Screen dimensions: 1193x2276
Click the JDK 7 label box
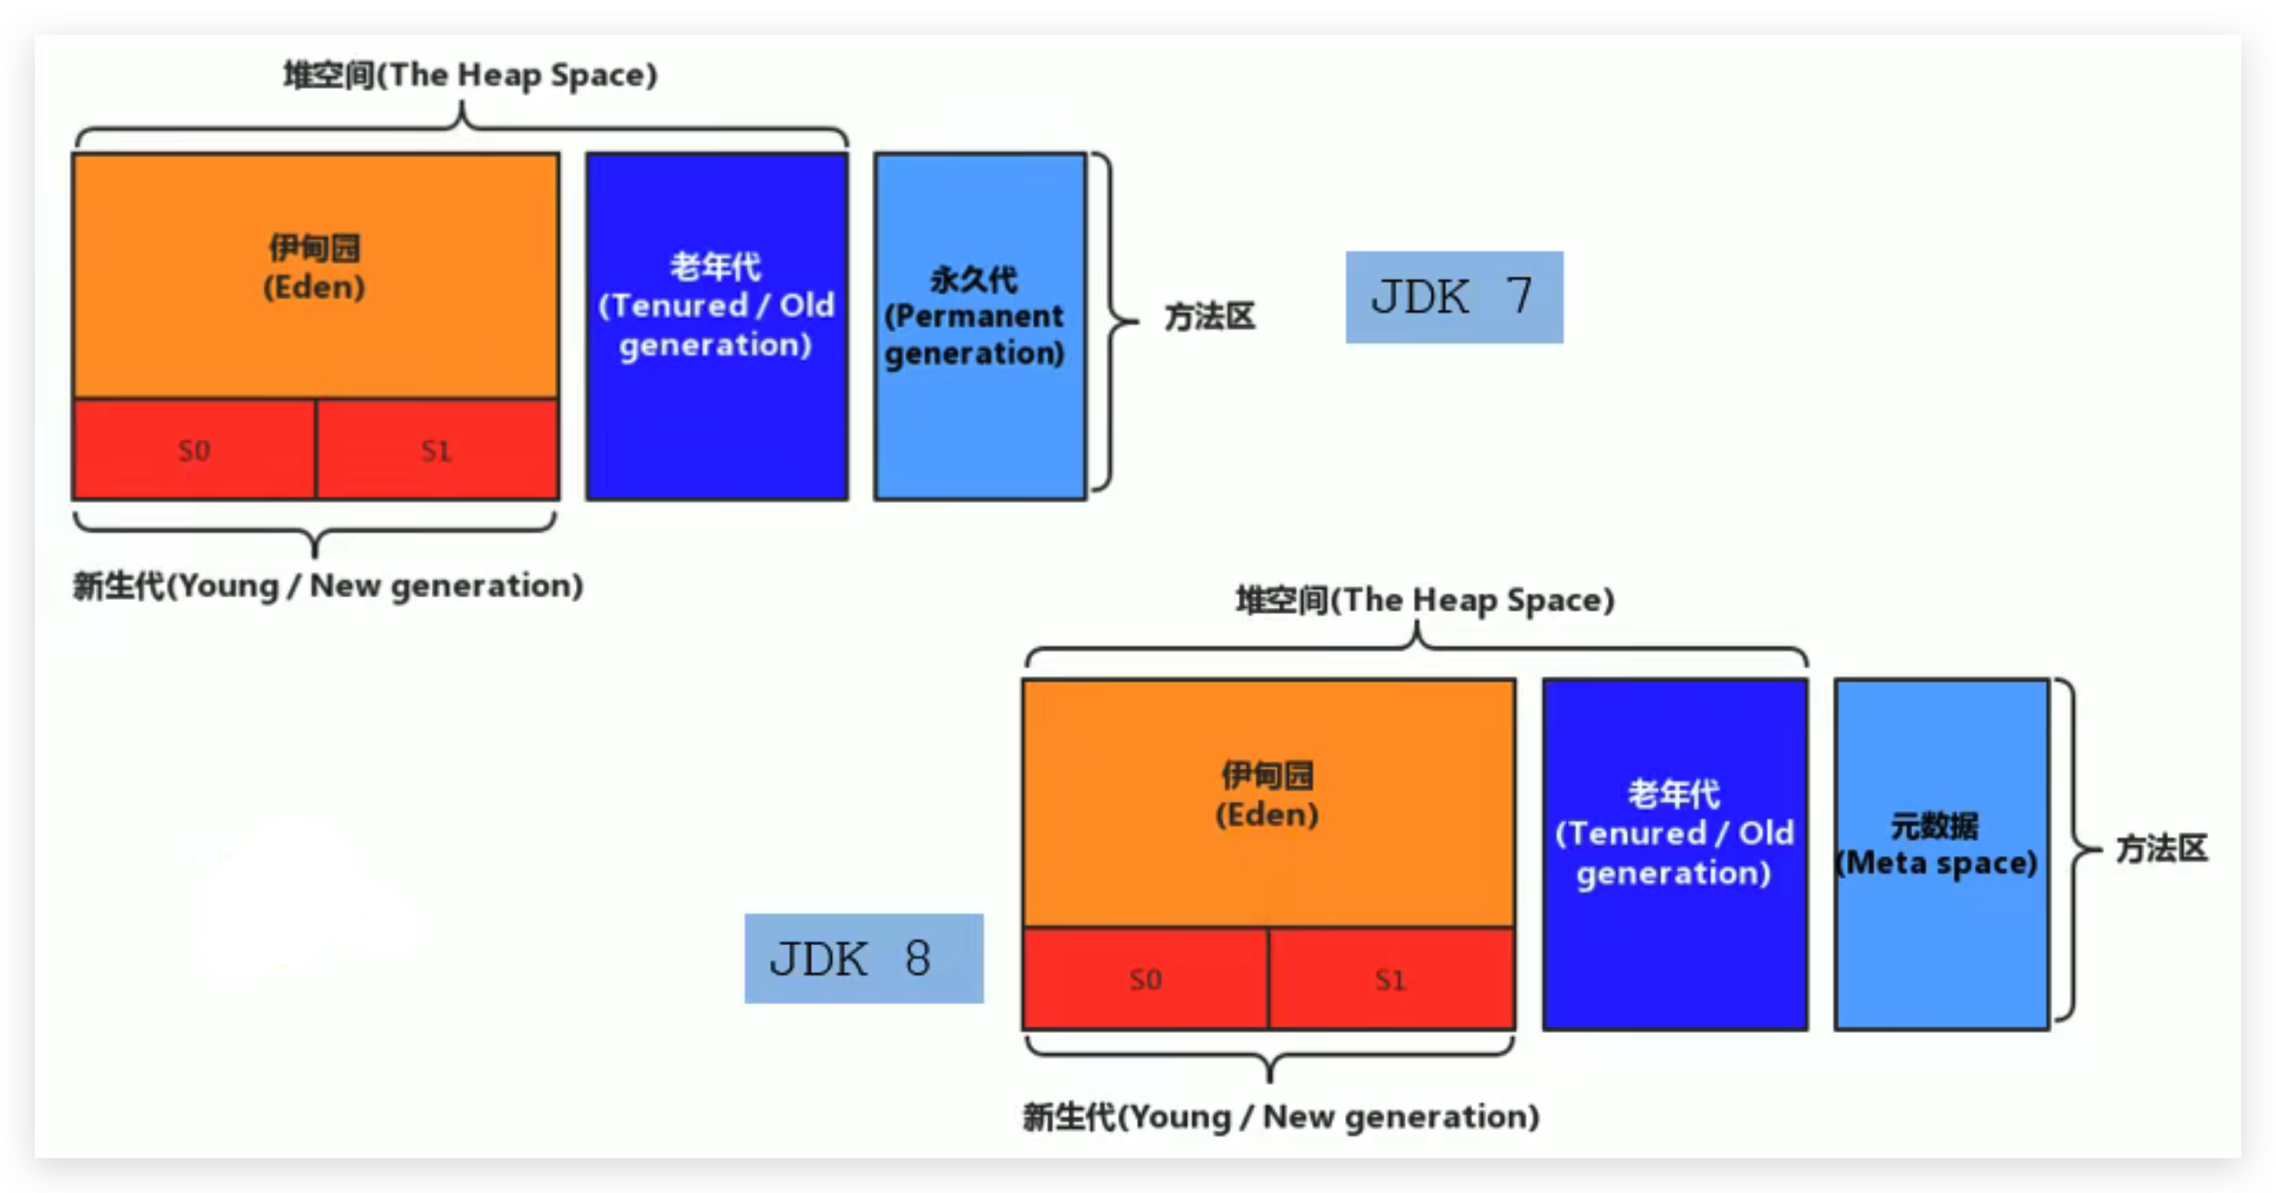tap(1454, 297)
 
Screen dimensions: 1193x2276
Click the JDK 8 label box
tap(863, 958)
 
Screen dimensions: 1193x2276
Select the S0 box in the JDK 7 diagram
tap(194, 450)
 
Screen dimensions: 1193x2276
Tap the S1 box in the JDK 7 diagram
tap(437, 450)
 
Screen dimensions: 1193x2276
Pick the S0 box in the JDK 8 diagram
tap(1145, 978)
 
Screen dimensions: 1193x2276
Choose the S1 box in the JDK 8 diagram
tap(1390, 978)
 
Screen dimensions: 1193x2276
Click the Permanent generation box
tap(979, 327)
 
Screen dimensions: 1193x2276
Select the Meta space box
tap(1940, 854)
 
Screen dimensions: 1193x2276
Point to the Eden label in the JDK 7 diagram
tap(315, 268)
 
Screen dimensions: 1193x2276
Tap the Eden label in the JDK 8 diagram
tap(1267, 795)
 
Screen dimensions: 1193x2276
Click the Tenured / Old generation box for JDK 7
tap(717, 327)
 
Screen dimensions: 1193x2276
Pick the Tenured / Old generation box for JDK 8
tap(1674, 854)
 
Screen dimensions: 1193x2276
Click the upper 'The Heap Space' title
tap(470, 75)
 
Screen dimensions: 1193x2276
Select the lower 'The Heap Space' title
tap(1424, 601)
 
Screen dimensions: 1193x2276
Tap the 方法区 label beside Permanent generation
tap(1209, 317)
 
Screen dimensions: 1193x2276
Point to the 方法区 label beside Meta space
tap(2161, 849)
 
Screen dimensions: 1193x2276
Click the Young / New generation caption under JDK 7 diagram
tap(328, 585)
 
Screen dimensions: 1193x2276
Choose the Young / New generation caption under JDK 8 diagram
tap(1282, 1117)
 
